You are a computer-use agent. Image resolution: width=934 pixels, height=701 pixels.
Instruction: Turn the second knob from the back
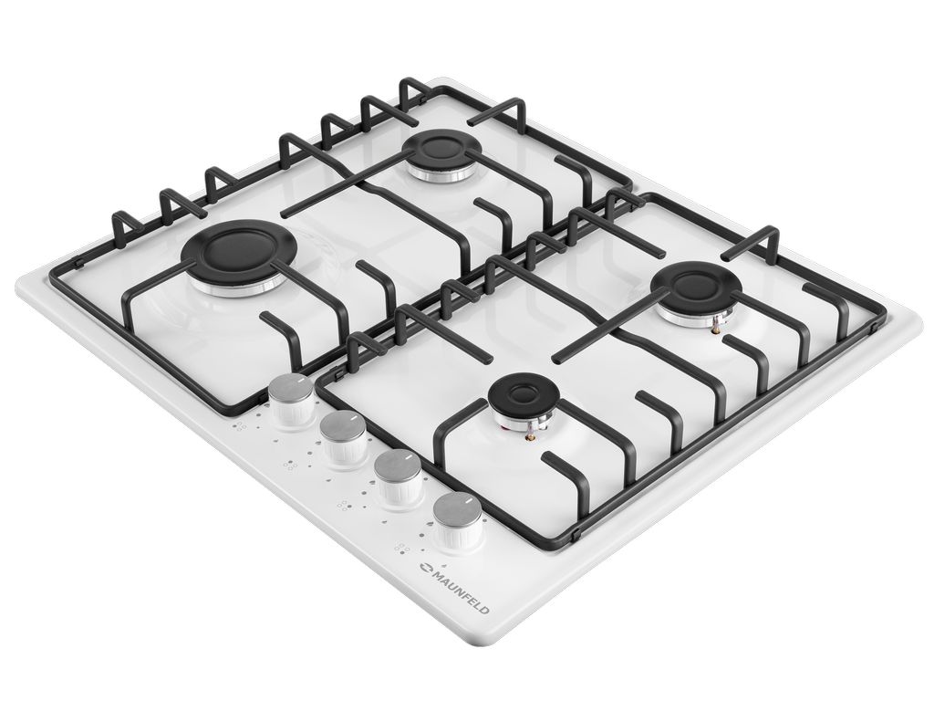pyautogui.click(x=344, y=440)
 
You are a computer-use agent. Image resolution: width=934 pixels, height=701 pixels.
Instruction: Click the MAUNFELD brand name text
pyautogui.click(x=462, y=593)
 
